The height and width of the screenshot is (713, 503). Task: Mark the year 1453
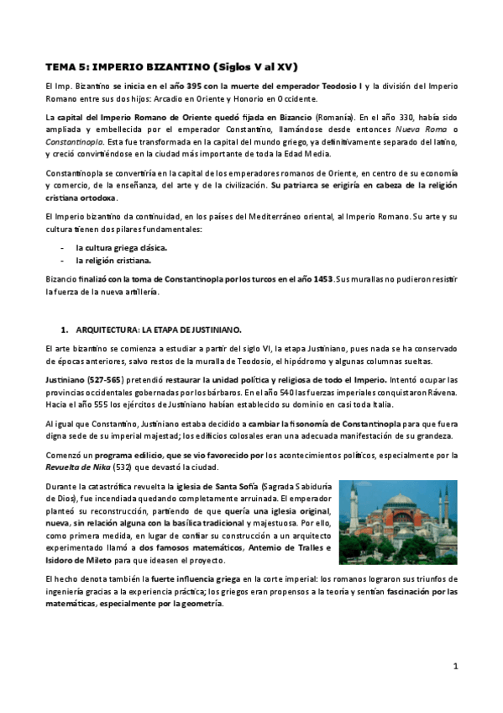(x=320, y=278)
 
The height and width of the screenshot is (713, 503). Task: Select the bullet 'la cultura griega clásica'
(x=121, y=248)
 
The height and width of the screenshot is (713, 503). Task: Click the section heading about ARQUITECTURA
(x=158, y=329)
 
